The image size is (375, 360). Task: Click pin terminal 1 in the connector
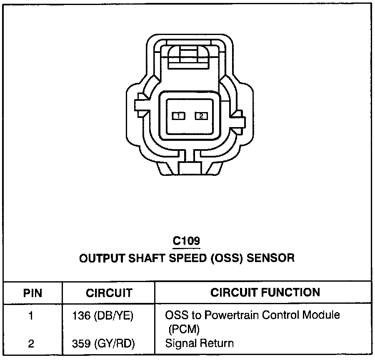coord(178,116)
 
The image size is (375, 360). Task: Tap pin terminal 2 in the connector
coord(201,116)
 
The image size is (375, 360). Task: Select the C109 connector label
coord(187,241)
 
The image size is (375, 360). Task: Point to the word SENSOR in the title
coord(270,258)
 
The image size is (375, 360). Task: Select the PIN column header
coord(32,293)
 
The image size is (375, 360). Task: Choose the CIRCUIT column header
coord(109,293)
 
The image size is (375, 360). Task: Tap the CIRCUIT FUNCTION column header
coord(265,292)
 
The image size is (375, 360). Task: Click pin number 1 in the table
coord(31,316)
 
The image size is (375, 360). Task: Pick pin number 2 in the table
coord(31,344)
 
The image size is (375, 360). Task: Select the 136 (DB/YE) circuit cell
coord(102,316)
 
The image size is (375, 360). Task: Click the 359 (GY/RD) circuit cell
coord(102,344)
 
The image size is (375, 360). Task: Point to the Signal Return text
coord(199,344)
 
